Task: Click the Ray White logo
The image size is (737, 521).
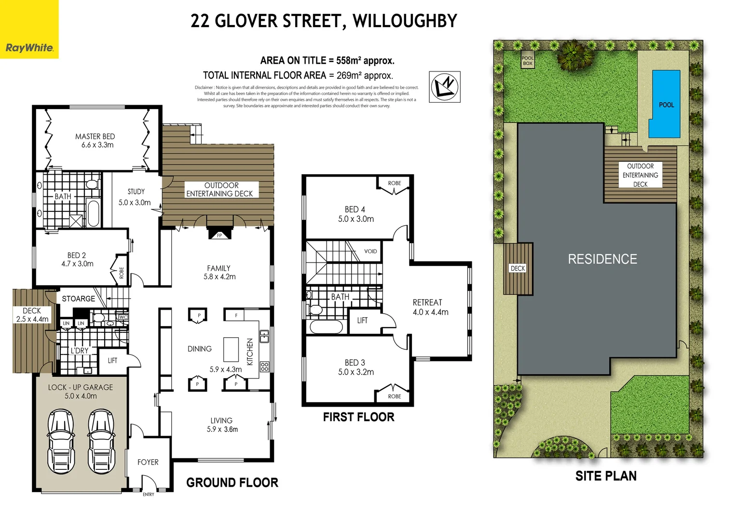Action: [29, 47]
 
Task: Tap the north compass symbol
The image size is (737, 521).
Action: [444, 87]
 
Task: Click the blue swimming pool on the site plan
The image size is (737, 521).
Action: [666, 104]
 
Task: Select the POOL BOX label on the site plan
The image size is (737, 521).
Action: [528, 61]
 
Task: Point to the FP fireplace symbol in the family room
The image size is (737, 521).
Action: [219, 235]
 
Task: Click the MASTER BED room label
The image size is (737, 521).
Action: [95, 137]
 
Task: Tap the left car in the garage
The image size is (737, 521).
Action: [61, 441]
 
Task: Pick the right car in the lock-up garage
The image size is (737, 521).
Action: [101, 441]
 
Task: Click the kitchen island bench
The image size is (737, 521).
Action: [231, 349]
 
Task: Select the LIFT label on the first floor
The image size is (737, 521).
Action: [362, 320]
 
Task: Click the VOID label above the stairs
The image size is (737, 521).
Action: [370, 251]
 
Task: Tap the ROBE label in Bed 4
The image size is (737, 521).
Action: [395, 183]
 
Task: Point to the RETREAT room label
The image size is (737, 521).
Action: [427, 302]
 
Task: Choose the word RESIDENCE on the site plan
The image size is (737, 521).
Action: [602, 259]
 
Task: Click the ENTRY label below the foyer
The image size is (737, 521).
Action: [149, 494]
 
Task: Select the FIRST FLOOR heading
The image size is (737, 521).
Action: [358, 417]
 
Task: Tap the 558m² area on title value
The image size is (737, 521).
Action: [349, 60]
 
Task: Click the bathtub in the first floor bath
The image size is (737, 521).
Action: [326, 327]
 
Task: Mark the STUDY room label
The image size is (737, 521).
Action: [136, 192]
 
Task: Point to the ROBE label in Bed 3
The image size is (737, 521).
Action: [395, 396]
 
